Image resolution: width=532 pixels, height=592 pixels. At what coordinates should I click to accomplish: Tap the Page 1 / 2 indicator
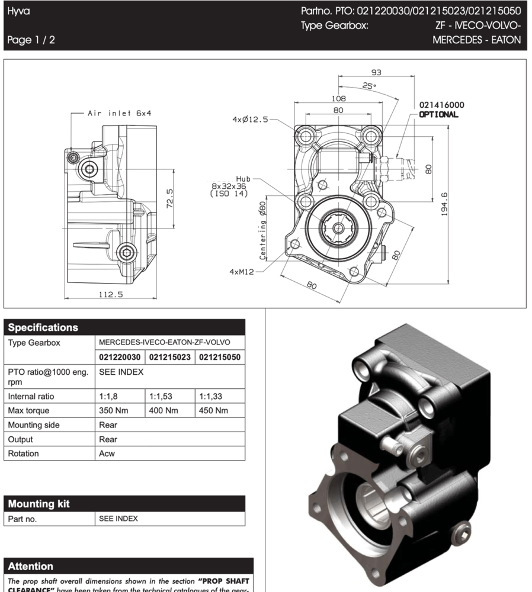tap(31, 40)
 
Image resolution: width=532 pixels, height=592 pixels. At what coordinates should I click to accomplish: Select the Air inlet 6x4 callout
tap(119, 113)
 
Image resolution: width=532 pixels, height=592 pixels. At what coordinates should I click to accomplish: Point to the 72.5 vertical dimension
tap(169, 199)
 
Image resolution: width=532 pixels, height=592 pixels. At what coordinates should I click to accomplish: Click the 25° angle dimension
tap(370, 86)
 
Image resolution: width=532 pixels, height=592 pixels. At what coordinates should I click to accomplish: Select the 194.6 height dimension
tap(444, 204)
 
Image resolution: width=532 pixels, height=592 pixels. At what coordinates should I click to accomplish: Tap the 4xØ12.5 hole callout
tap(250, 120)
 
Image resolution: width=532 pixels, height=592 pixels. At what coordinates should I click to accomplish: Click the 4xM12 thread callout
tap(242, 272)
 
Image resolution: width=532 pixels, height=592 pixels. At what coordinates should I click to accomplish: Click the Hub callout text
tap(243, 178)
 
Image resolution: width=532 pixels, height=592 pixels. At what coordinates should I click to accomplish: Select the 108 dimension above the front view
tap(338, 99)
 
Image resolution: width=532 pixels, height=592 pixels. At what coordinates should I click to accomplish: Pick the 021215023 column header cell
tap(169, 357)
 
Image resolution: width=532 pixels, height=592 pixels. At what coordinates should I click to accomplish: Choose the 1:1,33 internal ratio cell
tap(211, 396)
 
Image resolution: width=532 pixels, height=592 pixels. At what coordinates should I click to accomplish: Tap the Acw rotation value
tap(107, 453)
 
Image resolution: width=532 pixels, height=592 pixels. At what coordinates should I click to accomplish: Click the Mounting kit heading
tap(39, 504)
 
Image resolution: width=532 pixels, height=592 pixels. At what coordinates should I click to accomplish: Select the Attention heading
tap(30, 567)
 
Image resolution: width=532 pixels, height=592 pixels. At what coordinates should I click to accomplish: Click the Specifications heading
tap(43, 327)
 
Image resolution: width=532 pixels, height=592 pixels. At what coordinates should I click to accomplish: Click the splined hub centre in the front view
tap(338, 228)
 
